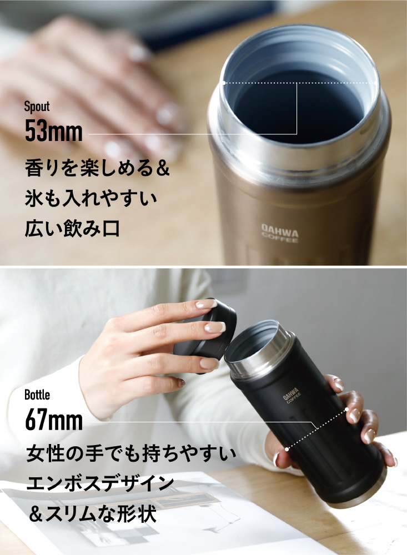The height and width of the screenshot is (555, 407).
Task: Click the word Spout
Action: tap(37, 107)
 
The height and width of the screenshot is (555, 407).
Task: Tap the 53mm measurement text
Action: tap(53, 131)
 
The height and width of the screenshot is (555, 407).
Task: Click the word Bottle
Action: tap(37, 395)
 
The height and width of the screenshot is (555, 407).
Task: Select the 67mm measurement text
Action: tap(54, 420)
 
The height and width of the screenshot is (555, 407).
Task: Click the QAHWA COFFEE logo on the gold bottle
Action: tap(280, 233)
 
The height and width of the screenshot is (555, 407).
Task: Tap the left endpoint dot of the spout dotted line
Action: tap(224, 83)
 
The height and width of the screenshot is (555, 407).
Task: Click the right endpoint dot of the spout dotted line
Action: tap(376, 83)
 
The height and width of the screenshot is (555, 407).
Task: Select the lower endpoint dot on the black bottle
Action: tap(287, 449)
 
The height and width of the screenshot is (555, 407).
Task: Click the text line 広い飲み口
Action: tap(72, 228)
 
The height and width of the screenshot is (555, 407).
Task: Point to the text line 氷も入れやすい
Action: tap(91, 198)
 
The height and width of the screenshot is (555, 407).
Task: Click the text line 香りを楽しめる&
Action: tap(97, 168)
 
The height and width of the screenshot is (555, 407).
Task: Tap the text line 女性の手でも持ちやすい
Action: tap(131, 454)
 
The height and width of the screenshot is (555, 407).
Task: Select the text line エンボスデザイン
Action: tap(101, 484)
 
